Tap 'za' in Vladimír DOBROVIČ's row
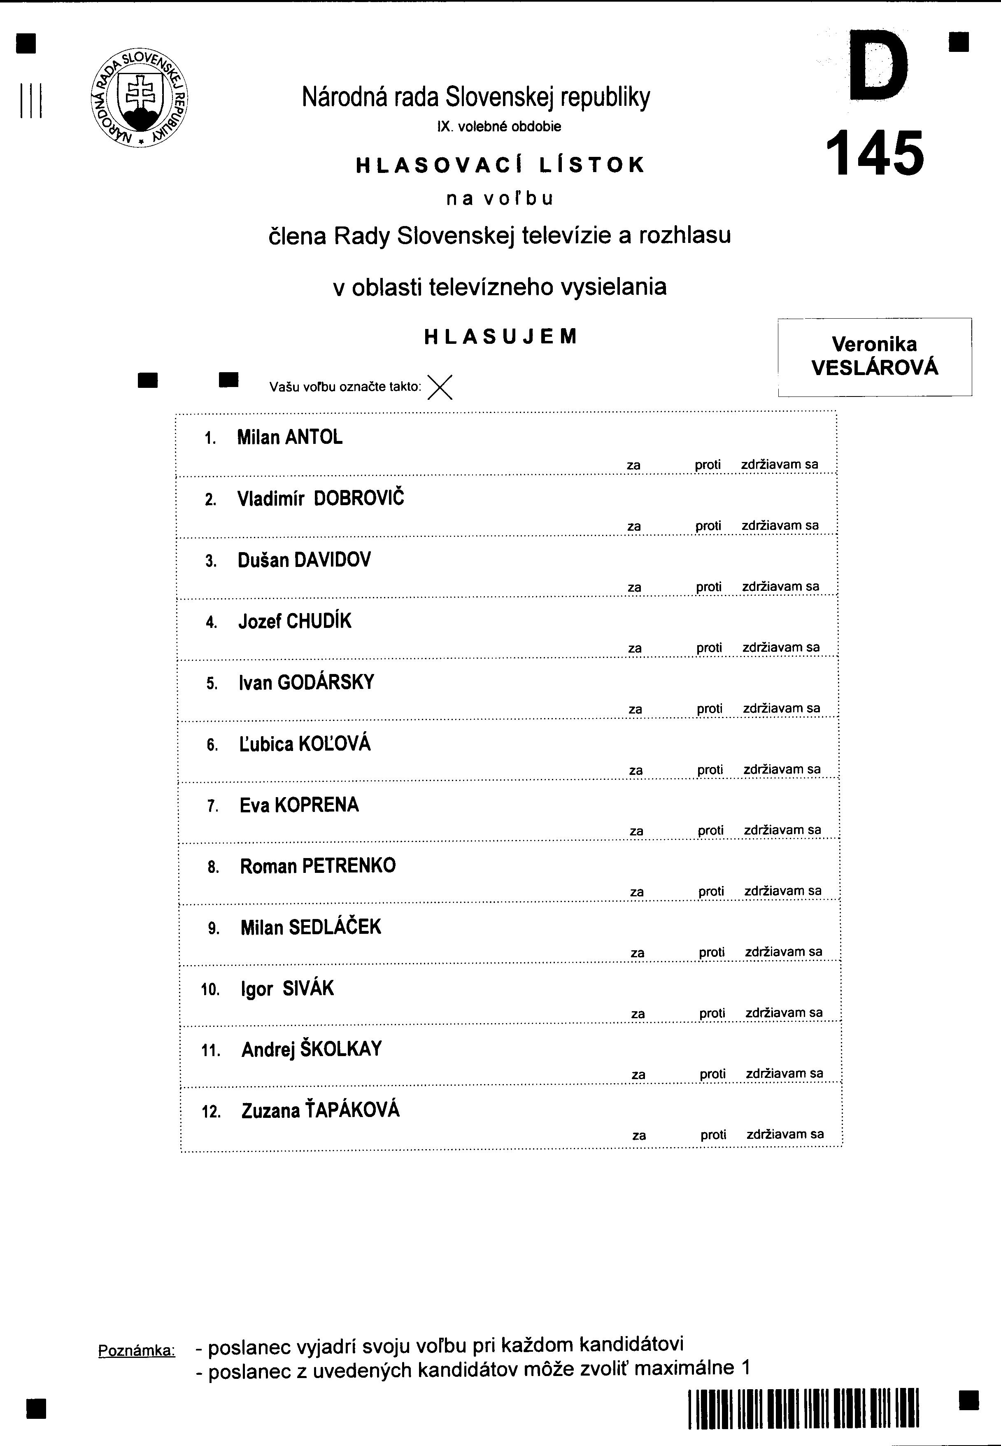point(634,526)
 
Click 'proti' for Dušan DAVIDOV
point(709,587)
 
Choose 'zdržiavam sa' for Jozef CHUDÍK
point(781,647)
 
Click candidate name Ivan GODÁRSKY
point(306,683)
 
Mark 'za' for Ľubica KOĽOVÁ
point(636,770)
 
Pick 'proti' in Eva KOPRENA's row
point(710,830)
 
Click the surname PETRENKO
point(349,866)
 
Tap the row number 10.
point(210,990)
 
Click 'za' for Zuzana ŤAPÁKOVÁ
point(639,1136)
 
